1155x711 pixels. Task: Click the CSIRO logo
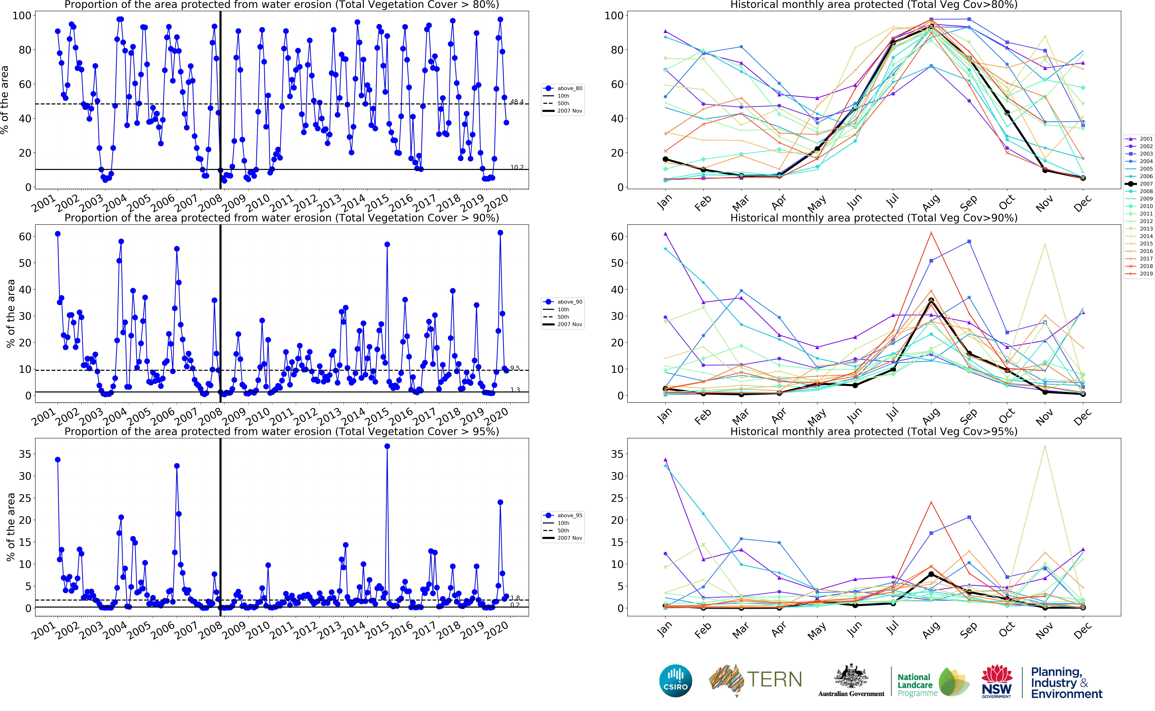coord(676,681)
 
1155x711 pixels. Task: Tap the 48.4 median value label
coord(517,102)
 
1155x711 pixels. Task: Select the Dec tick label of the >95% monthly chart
coord(1082,630)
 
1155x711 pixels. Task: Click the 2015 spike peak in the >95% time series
coord(387,446)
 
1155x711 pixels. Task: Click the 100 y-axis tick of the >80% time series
coord(22,16)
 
